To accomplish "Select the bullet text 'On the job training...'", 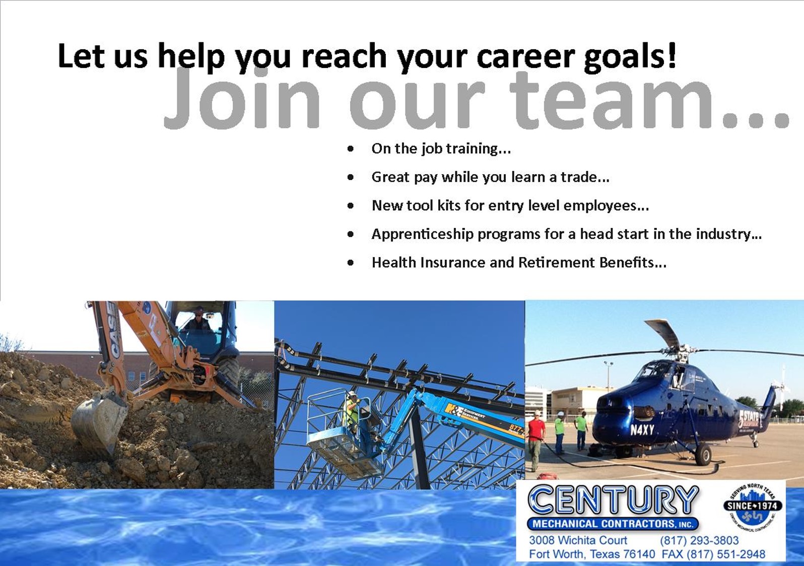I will point(441,148).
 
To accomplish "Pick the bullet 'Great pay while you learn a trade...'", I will point(490,177).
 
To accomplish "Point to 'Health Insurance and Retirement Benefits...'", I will point(519,263).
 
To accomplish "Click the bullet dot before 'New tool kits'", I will point(351,206).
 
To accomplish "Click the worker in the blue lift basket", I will point(351,413).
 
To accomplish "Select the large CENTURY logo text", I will point(613,501).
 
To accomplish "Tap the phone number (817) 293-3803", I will point(699,540).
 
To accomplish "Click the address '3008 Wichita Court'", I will point(578,540).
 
